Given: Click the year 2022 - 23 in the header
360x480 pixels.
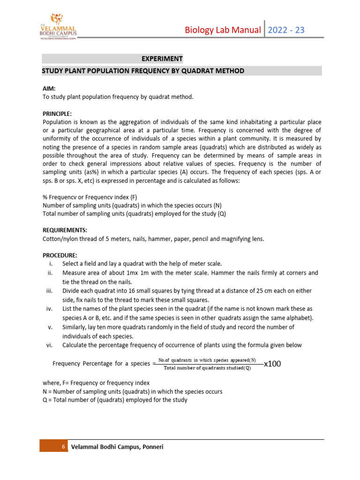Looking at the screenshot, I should coord(286,30).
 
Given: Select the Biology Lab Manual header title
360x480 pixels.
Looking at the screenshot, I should coord(223,30).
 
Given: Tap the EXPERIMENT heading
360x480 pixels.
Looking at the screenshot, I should coord(162,59).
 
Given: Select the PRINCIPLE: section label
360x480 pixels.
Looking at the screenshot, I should coord(57,113).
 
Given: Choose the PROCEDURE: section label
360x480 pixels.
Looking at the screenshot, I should coord(60,255).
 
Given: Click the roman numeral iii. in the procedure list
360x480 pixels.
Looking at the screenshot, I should coord(49,291).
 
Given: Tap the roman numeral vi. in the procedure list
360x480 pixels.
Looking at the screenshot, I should coord(49,345).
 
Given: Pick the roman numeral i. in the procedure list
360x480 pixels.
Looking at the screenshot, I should coord(50,264).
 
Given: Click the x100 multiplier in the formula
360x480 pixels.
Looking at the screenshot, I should coord(272,364).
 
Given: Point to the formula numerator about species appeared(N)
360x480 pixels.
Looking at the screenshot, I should coord(207,360).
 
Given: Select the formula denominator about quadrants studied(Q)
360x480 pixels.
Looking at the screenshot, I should coord(207,368).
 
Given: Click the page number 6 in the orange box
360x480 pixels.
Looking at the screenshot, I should coord(63,447).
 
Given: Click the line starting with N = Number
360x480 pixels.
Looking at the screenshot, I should coord(132,391).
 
